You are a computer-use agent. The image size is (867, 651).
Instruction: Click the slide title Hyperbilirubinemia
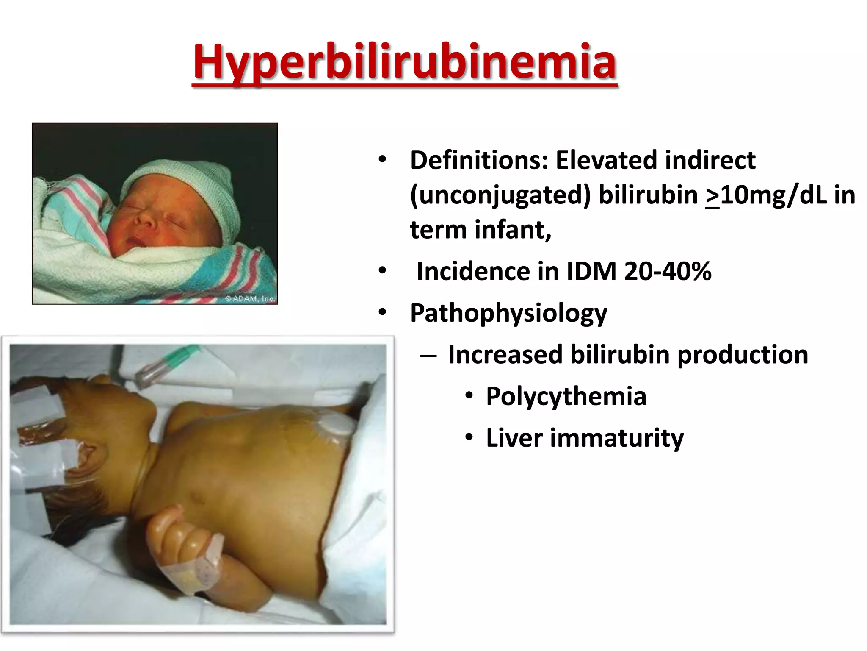point(404,63)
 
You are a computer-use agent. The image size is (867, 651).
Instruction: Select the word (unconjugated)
point(500,195)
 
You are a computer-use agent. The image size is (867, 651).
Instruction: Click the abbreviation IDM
point(591,271)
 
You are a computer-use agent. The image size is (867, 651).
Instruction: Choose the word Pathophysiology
point(508,314)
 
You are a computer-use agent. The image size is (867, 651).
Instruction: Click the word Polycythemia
point(566,396)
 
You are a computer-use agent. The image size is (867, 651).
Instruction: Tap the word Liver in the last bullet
point(514,438)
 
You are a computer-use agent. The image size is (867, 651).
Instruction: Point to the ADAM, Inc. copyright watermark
point(250,299)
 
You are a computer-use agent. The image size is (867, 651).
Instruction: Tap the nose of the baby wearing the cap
point(146,218)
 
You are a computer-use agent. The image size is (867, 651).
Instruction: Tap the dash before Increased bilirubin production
point(428,355)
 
